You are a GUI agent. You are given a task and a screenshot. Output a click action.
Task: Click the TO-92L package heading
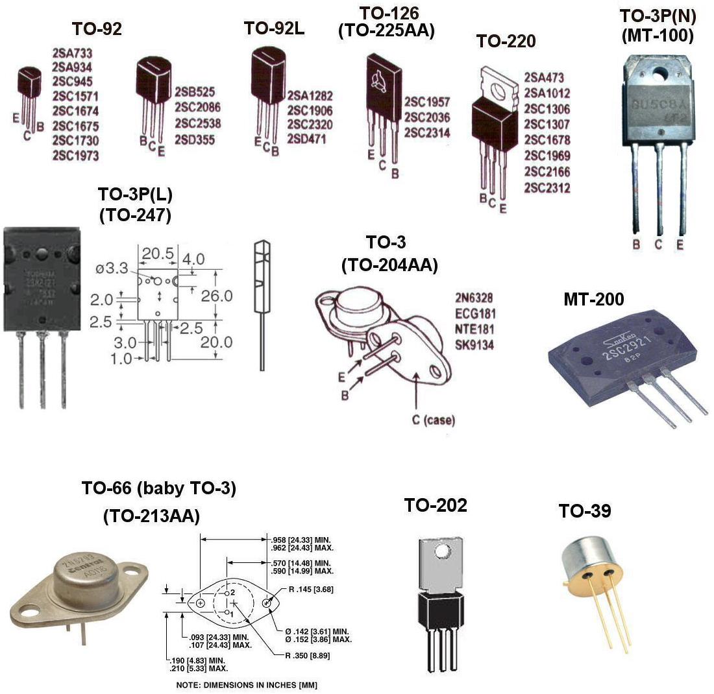(275, 28)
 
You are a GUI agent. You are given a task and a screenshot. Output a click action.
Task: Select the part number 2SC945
(71, 82)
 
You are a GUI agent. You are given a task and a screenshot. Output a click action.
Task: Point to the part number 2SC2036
(426, 117)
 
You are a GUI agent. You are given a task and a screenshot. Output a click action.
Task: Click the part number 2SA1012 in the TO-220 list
(547, 93)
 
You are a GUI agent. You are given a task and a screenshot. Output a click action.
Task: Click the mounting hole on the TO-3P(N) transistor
(660, 71)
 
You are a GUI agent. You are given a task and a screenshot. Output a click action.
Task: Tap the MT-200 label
(593, 299)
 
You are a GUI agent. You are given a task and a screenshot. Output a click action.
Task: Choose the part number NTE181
(474, 329)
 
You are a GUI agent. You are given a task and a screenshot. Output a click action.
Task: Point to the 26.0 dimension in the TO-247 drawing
(216, 296)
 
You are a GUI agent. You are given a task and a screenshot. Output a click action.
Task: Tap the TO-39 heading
(584, 511)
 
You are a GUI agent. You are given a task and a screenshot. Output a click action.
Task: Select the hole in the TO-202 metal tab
(442, 551)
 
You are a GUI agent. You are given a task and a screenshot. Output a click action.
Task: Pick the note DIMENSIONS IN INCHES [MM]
(247, 685)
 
